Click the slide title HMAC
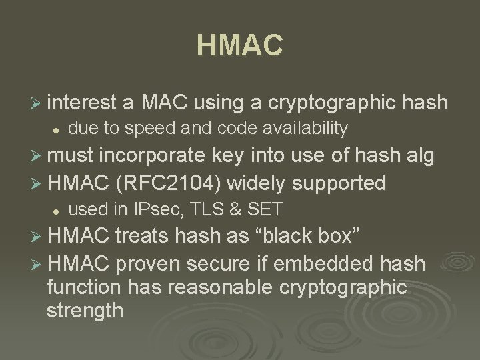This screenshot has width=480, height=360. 240,46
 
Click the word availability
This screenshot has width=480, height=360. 301,127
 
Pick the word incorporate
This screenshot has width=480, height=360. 153,156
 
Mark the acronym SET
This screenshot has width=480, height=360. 264,209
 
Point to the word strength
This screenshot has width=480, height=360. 85,310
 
